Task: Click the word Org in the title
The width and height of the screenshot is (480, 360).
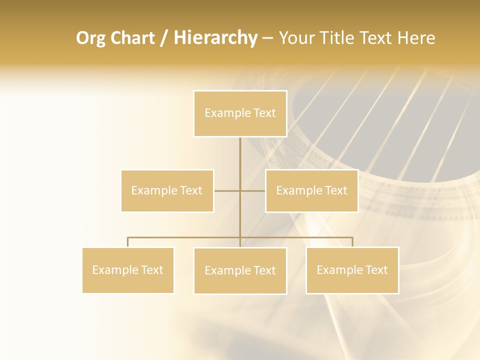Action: (x=90, y=38)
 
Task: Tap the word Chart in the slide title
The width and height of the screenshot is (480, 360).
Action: (x=130, y=38)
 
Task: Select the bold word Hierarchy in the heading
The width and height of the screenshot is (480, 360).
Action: (x=215, y=38)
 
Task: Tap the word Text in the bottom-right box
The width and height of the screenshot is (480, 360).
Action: (x=376, y=270)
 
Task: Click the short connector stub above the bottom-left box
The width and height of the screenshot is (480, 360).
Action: (x=128, y=242)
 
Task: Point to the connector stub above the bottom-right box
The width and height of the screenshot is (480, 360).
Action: (x=352, y=242)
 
